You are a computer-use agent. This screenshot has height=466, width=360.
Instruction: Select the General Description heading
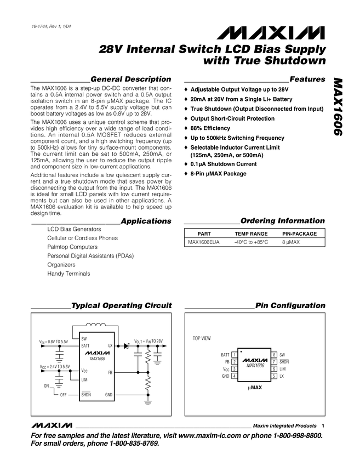pos(130,79)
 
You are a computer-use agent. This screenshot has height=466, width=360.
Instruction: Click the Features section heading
pos(306,79)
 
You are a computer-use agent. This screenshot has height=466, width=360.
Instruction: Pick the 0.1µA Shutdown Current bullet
pos(223,164)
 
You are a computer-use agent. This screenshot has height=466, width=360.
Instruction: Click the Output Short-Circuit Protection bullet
pos(232,118)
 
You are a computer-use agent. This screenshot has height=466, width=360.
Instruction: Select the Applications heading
pos(146,221)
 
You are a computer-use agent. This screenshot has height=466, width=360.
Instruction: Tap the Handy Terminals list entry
pos(68,273)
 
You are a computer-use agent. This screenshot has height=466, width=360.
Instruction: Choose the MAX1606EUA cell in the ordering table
pos(203,242)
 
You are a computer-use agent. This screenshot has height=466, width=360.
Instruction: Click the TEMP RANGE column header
pos(251,234)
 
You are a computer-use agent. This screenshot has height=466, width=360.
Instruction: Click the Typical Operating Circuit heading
pos(122,305)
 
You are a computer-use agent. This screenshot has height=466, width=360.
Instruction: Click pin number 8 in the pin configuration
pos(273,355)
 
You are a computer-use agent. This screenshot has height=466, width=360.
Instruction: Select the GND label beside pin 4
pos(225,376)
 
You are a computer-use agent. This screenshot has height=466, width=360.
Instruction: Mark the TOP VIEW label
pos(201,338)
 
